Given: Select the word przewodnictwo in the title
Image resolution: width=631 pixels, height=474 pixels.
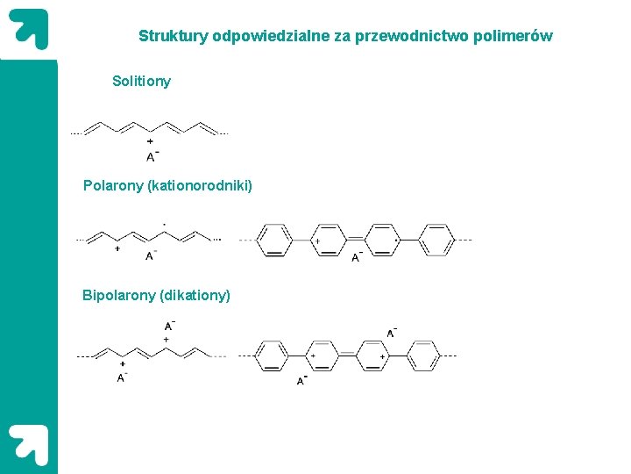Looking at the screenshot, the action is point(426,37).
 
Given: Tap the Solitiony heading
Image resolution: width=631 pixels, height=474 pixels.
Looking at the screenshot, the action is point(141,82).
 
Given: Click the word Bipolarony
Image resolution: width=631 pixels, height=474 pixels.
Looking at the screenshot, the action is point(118,296).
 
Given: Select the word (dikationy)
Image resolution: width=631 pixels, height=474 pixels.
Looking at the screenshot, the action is point(195,296).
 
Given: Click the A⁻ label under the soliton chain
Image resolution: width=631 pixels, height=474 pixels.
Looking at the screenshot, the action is point(152,157).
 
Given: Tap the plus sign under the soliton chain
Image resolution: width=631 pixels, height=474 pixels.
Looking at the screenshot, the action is point(151,142).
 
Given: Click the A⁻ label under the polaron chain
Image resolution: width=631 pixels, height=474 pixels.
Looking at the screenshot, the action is point(151,255).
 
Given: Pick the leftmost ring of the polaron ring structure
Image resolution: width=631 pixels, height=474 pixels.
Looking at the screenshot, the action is point(275,240).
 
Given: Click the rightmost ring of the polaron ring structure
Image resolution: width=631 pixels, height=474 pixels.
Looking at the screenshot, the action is point(436,240).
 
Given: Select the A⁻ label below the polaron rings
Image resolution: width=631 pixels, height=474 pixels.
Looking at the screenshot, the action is point(357,257).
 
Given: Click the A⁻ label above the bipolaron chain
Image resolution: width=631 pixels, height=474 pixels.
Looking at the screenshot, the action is point(168,327).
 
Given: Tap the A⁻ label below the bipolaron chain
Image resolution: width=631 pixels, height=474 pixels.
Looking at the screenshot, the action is point(122,377).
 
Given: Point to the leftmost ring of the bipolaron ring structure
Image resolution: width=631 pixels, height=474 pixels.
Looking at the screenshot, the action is point(272,356).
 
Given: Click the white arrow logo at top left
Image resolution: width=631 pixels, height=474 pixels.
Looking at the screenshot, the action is point(28,29).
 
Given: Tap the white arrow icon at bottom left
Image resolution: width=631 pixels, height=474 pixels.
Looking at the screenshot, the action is point(28,444).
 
